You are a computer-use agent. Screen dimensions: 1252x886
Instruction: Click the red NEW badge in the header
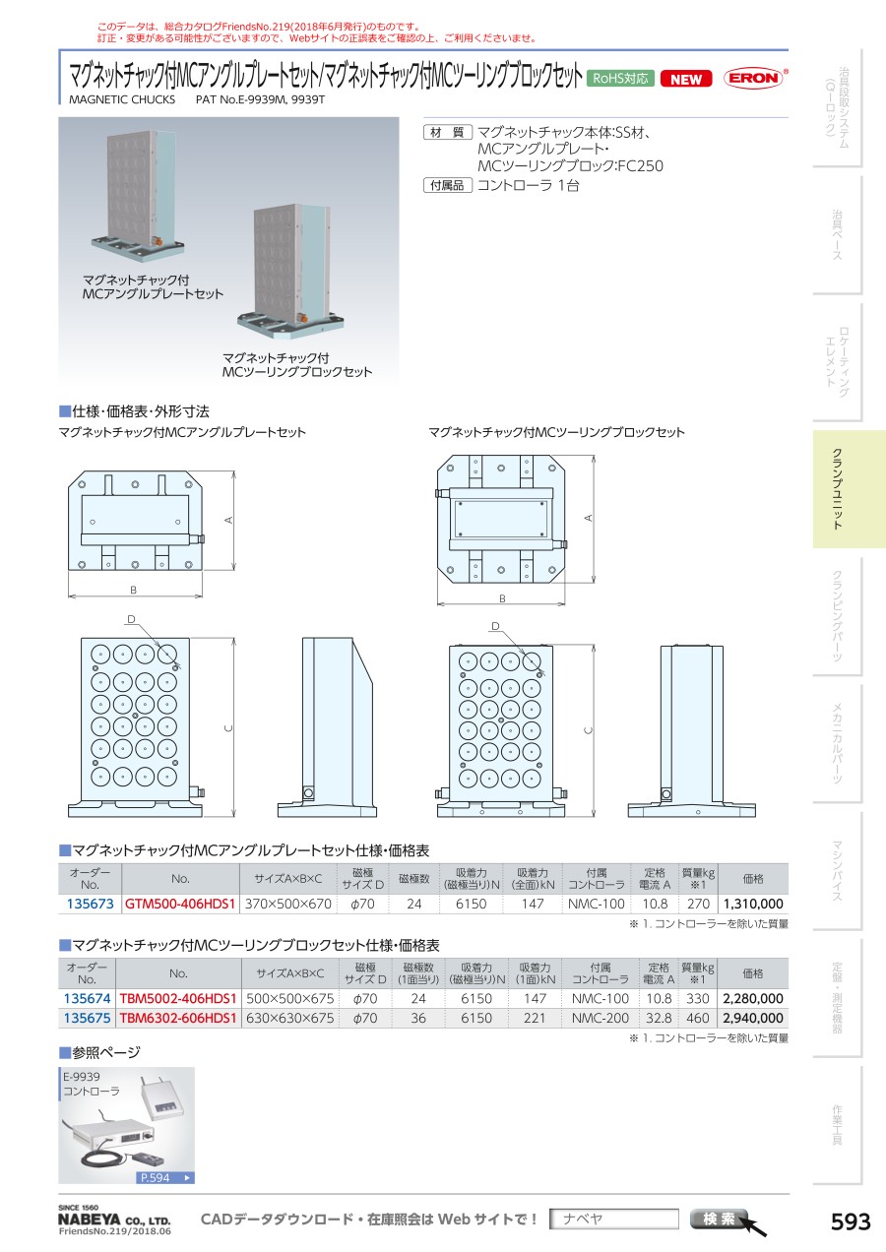pos(686,80)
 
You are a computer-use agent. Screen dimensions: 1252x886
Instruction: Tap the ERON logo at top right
pos(753,79)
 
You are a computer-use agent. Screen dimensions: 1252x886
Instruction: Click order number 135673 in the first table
pos(89,904)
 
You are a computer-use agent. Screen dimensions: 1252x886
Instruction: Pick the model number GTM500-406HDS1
pos(180,904)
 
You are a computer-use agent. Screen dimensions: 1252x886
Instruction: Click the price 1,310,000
pos(753,904)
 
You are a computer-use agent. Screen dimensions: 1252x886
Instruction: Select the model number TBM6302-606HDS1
pos(178,1019)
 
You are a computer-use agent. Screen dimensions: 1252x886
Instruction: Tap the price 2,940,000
pos(753,1019)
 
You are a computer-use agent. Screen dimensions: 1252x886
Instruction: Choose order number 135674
pos(87,998)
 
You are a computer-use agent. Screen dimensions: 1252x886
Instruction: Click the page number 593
pos(851,1221)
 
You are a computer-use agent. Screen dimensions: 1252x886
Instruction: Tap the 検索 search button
pos(720,1220)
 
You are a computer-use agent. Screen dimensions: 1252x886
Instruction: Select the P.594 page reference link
pos(164,1177)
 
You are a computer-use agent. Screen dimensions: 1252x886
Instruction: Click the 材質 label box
pos(448,133)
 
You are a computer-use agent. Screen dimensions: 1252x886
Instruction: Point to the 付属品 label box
pos(448,186)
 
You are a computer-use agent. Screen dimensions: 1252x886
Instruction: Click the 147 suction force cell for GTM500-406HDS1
pos(533,904)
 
